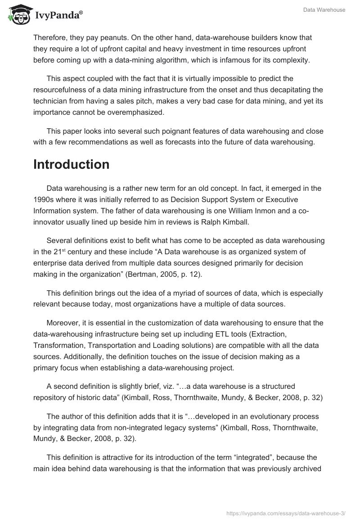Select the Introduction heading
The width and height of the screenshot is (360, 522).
pyautogui.click(x=71, y=164)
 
